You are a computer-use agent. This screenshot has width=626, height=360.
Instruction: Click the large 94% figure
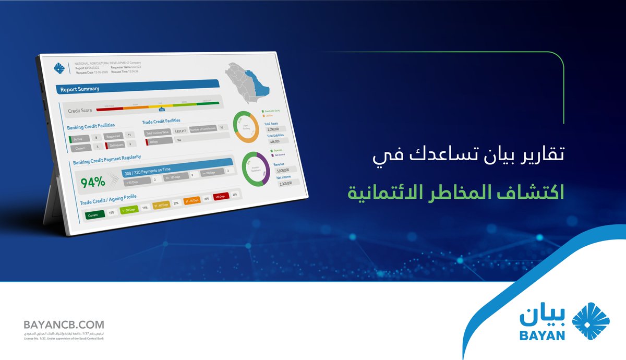[x=93, y=182]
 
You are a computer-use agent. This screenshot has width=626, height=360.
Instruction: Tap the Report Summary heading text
[x=79, y=89]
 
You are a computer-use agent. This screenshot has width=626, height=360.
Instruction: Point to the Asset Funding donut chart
[x=245, y=127]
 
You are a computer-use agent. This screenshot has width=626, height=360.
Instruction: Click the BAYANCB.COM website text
[x=64, y=325]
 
